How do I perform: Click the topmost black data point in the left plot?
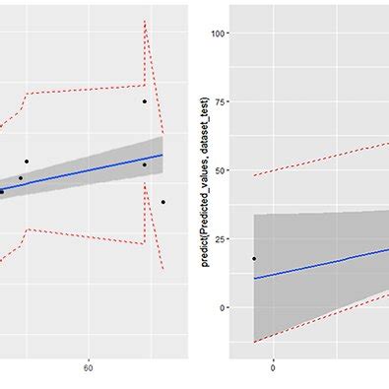point(144,101)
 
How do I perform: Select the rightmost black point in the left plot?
point(163,202)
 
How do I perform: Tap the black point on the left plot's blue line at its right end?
point(144,164)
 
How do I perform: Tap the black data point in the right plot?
point(254,259)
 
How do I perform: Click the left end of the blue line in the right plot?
point(254,278)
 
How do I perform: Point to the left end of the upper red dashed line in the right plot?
point(254,175)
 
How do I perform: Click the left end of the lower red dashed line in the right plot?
point(254,342)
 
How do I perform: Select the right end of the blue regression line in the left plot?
point(162,155)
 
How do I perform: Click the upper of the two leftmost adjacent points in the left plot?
point(27,162)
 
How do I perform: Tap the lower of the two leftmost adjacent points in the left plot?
point(21,178)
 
